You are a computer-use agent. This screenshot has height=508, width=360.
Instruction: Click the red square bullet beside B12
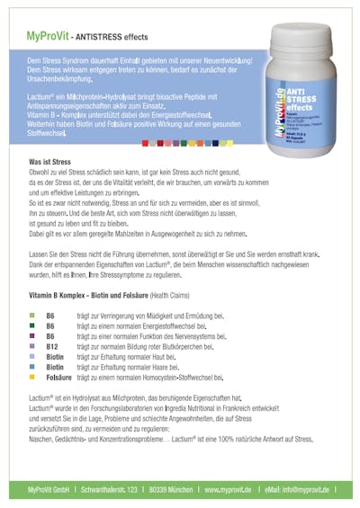point(31,345)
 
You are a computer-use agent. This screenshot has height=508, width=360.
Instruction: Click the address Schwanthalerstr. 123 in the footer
point(107,491)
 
